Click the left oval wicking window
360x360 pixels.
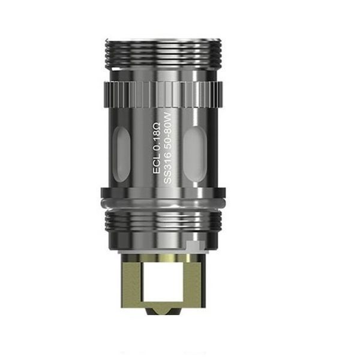(x=121, y=154)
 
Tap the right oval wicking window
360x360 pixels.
(x=195, y=154)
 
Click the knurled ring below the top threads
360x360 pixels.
(x=163, y=94)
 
